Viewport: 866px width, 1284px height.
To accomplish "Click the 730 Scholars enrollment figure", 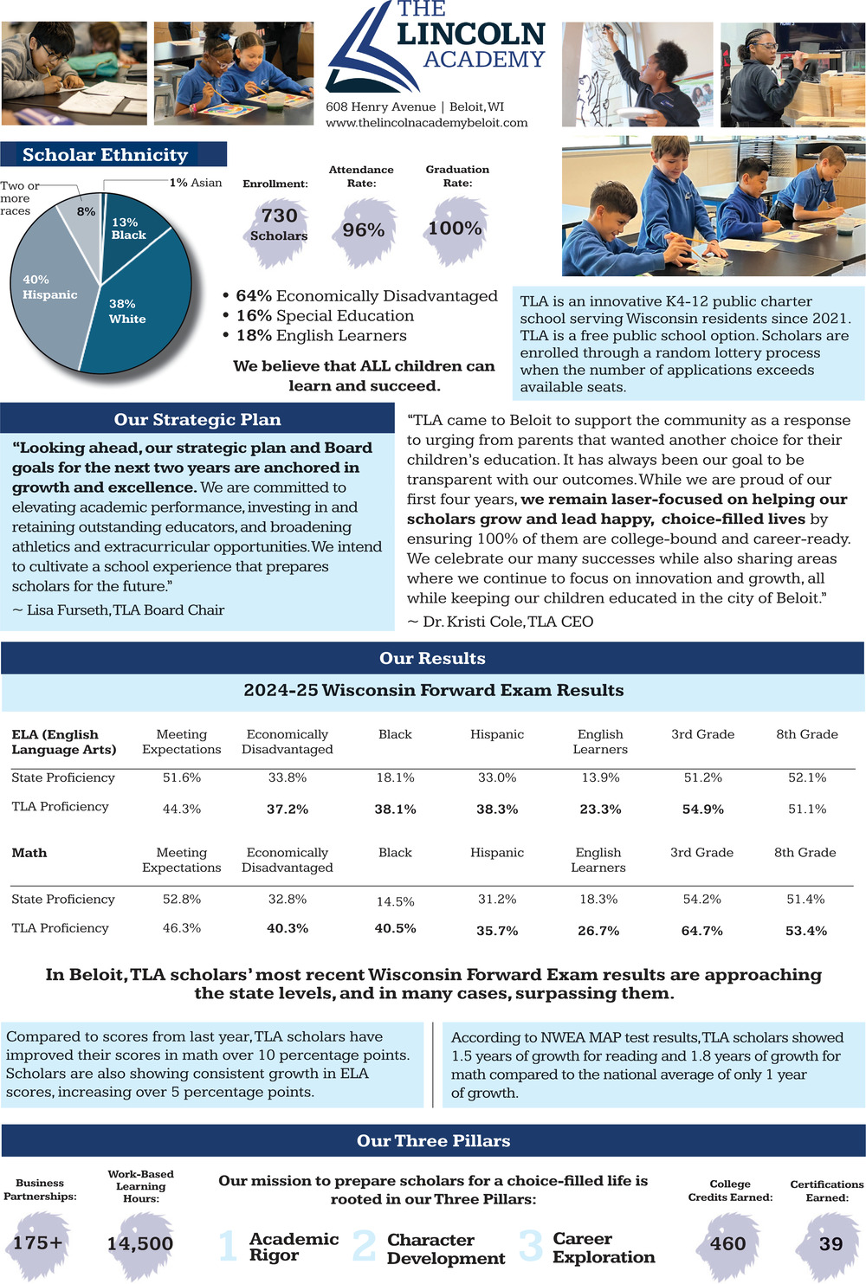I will [x=279, y=223].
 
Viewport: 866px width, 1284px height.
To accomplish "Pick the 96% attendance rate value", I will [x=364, y=230].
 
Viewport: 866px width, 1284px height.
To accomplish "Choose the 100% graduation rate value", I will [x=455, y=229].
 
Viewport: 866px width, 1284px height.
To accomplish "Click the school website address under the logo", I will [x=426, y=123].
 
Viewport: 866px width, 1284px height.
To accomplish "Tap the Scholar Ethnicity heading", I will [x=105, y=155].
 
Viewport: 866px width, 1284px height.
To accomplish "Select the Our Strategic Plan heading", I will [x=197, y=420].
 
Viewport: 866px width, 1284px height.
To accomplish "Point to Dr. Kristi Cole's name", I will [x=472, y=622].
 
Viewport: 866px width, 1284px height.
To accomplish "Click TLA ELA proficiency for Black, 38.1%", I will [x=395, y=810].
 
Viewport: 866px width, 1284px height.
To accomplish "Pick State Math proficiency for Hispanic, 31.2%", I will [x=497, y=900].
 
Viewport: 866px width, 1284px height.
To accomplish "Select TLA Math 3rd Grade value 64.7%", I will [x=701, y=931].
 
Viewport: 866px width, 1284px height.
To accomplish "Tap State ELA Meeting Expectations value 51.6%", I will [x=182, y=777].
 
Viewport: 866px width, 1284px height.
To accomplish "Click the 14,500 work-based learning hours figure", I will [x=140, y=1244].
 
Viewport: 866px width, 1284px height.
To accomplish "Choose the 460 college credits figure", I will [x=727, y=1244].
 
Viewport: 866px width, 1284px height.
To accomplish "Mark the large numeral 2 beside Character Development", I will [x=365, y=1246].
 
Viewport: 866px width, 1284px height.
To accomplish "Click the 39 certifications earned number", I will [x=830, y=1244].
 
